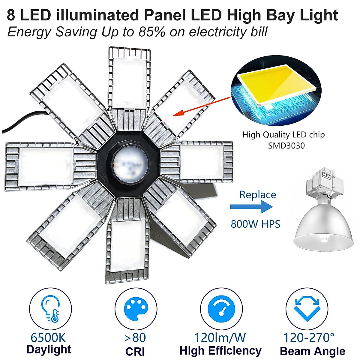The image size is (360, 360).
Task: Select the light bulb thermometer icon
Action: coord(50,309)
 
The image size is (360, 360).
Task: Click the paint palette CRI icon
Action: coord(136,309)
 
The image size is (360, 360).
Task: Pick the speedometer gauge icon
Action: coord(221,309)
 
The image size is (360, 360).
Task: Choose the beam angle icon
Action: coord(307,309)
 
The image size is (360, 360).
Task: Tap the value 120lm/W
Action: coord(220,337)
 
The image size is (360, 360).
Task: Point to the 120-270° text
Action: coord(309,337)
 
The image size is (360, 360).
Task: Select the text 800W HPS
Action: coord(255,224)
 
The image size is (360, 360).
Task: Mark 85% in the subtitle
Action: coord(152,32)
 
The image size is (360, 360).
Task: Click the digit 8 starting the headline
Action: coord(11,15)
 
